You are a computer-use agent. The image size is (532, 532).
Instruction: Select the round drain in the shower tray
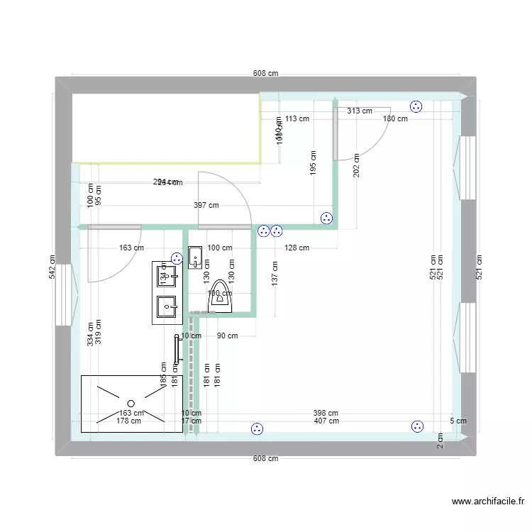click(131, 404)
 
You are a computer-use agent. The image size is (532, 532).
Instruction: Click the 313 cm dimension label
click(360, 111)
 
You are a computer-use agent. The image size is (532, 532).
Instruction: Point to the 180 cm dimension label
click(395, 118)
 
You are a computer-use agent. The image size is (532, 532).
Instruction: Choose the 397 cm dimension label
click(206, 206)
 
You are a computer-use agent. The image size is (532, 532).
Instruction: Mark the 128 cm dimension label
click(297, 248)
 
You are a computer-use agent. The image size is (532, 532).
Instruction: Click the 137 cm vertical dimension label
click(275, 273)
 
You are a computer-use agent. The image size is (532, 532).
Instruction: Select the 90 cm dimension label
click(227, 336)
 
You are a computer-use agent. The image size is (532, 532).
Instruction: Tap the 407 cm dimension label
click(326, 421)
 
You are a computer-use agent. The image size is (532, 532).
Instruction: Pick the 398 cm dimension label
click(326, 413)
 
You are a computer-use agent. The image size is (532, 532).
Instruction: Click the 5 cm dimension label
click(459, 421)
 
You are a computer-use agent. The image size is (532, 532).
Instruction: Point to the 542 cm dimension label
click(52, 265)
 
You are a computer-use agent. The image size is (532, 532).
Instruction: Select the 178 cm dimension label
click(128, 421)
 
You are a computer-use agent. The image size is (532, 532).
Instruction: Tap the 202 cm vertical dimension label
click(356, 165)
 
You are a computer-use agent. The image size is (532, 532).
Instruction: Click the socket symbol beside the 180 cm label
click(416, 107)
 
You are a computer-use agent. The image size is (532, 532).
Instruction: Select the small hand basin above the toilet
click(196, 257)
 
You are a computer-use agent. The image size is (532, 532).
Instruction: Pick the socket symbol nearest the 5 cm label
click(417, 426)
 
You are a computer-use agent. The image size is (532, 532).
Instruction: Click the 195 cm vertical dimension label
click(312, 163)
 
